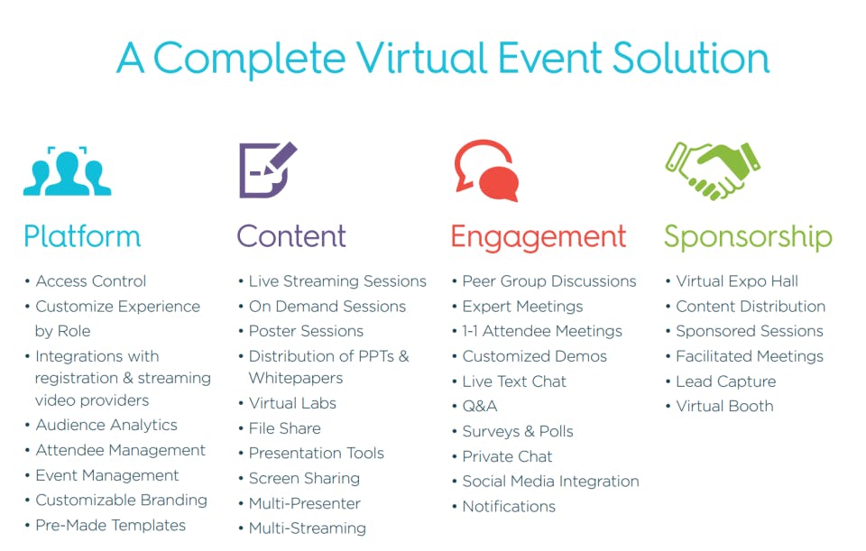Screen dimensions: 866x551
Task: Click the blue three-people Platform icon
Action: point(67,171)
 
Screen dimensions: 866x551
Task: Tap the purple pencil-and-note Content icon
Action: point(268,170)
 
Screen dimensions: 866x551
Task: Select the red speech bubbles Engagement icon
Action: point(486,170)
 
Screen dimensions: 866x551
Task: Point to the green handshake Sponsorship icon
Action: point(713,170)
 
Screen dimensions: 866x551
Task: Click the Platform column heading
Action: point(82,236)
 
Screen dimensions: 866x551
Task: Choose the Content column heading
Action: point(291,236)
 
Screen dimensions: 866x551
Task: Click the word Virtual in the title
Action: point(422,58)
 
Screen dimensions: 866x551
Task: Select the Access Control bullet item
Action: point(91,281)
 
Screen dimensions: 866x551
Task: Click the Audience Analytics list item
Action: point(106,425)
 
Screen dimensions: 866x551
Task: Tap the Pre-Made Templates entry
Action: point(110,525)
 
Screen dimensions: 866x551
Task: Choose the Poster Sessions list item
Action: point(306,331)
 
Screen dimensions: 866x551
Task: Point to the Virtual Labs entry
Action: point(292,403)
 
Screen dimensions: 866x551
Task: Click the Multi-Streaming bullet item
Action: point(307,528)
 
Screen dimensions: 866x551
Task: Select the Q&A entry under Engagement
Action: point(479,407)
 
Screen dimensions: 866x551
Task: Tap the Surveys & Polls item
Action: point(518,431)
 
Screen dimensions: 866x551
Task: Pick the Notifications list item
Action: point(509,506)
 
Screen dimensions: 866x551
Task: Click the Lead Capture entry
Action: point(725,381)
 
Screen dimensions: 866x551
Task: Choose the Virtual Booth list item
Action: point(724,407)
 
